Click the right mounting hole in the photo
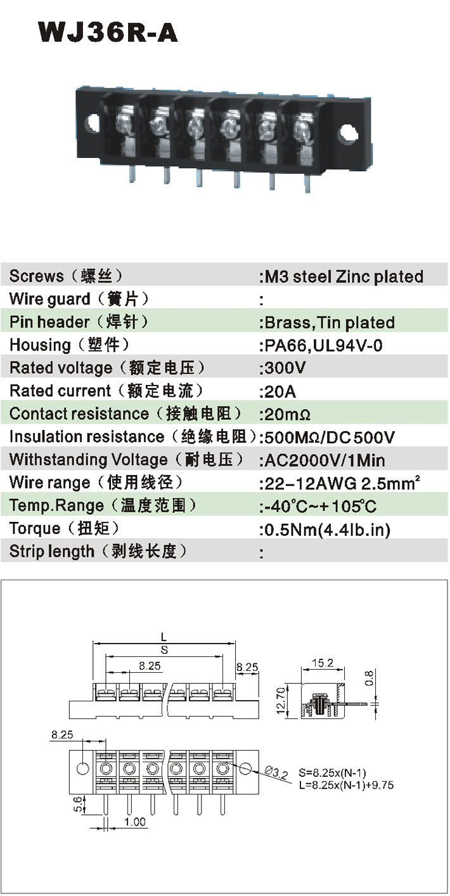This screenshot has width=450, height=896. pyautogui.click(x=347, y=132)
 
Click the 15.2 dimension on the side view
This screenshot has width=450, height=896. pyautogui.click(x=323, y=663)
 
